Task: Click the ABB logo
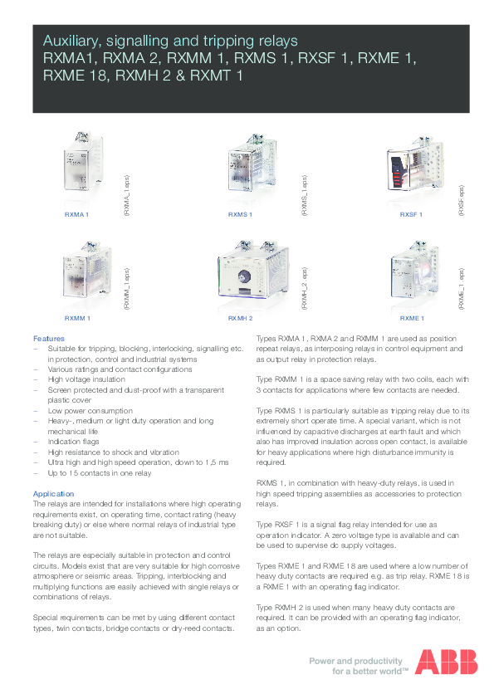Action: click(x=447, y=662)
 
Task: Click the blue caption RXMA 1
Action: click(x=76, y=215)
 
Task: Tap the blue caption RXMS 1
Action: click(x=240, y=215)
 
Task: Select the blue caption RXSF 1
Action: click(x=411, y=215)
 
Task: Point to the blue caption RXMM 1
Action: click(x=77, y=318)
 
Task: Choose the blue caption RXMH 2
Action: click(x=240, y=318)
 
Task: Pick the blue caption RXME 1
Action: click(x=412, y=318)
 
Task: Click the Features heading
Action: click(x=48, y=339)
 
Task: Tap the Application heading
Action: click(x=54, y=494)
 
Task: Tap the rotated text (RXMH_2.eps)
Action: click(x=304, y=289)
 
